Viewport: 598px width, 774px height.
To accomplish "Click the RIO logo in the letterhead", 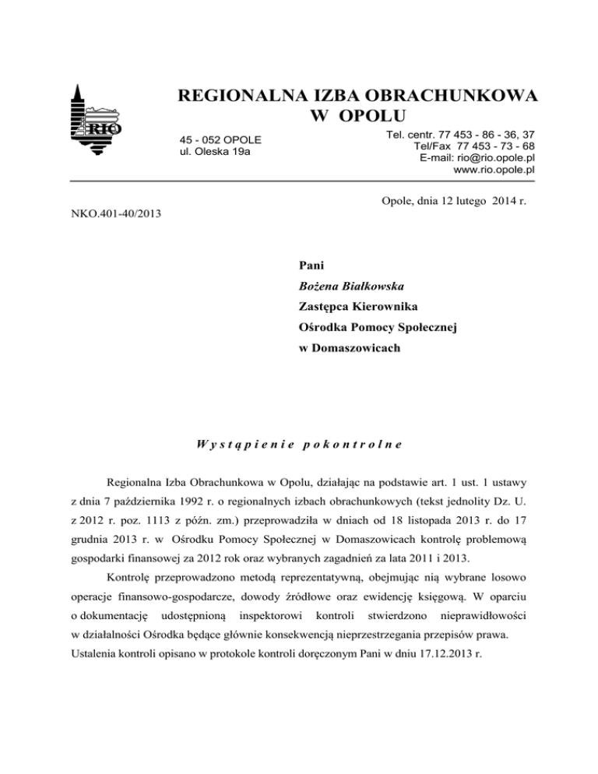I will point(96,121).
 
